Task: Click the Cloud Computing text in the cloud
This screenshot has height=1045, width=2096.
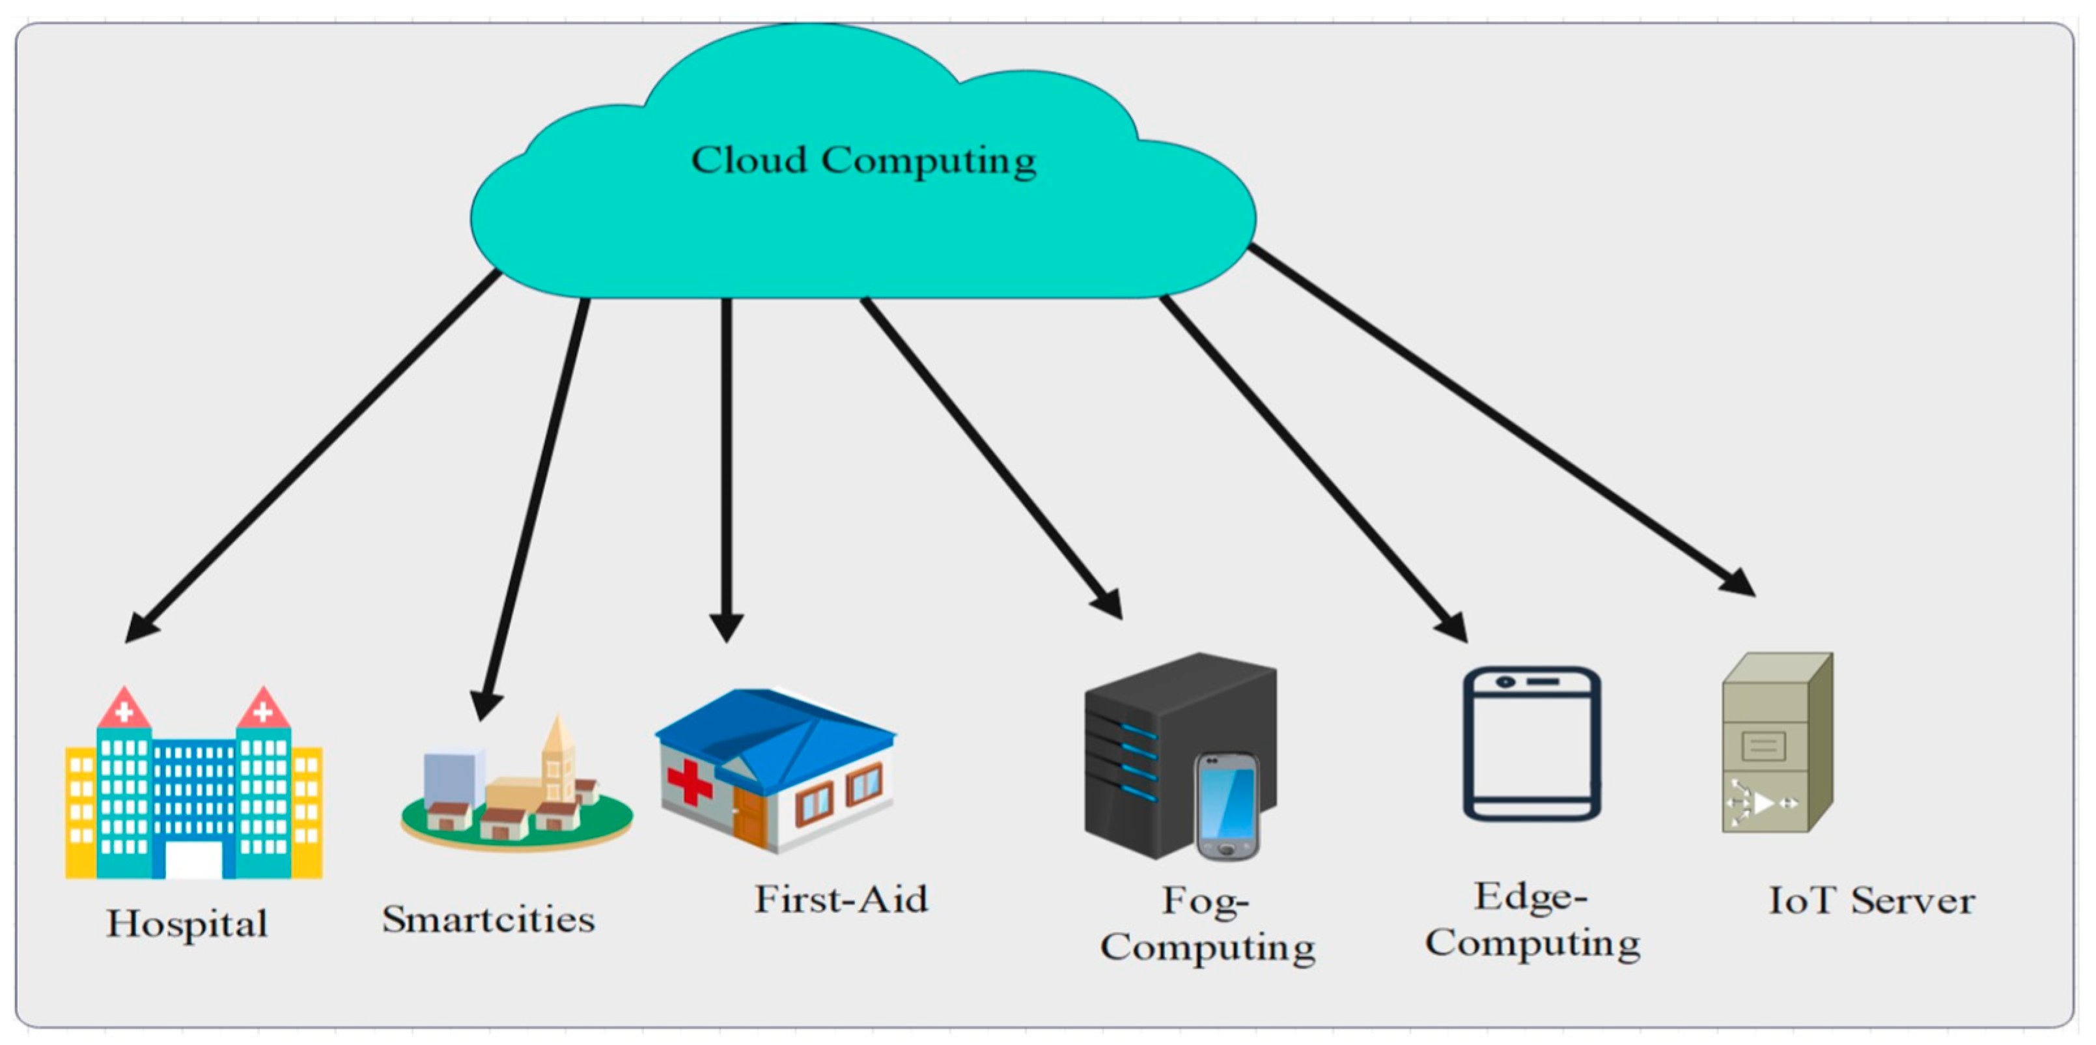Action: (863, 160)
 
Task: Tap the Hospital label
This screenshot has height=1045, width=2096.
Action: (187, 924)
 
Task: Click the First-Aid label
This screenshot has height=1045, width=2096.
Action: (841, 899)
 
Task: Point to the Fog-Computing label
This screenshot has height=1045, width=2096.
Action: (1207, 924)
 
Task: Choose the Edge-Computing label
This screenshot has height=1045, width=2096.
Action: (1532, 921)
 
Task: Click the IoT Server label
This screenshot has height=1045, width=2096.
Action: (1871, 901)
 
